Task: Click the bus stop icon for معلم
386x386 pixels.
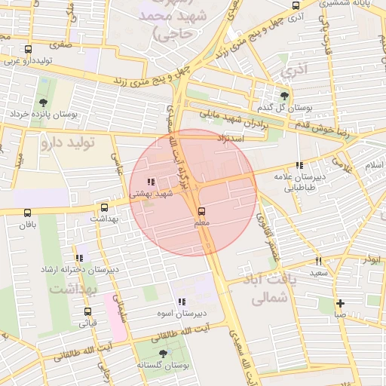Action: [201, 212]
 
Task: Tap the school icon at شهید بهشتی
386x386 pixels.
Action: [151, 182]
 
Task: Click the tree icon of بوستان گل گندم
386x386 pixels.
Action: [284, 96]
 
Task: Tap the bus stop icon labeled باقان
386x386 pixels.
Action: [28, 213]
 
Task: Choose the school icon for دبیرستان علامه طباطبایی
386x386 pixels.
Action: [299, 165]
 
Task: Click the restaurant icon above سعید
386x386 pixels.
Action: [318, 261]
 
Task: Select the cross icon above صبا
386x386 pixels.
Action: [340, 302]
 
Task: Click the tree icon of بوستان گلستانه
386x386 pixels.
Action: [163, 353]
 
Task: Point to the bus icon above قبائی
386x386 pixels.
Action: [87, 311]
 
